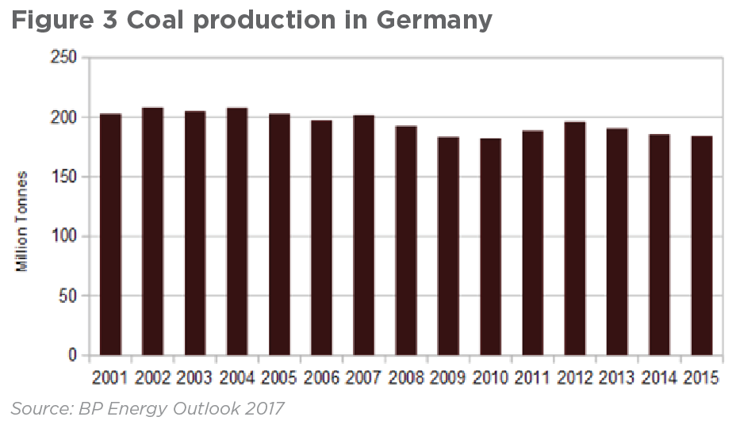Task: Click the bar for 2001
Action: point(110,235)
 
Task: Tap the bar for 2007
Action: point(363,235)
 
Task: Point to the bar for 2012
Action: point(575,239)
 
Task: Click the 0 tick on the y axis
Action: point(73,355)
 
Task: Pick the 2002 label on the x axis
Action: point(152,378)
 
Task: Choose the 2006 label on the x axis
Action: point(321,378)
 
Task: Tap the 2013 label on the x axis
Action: point(617,378)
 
